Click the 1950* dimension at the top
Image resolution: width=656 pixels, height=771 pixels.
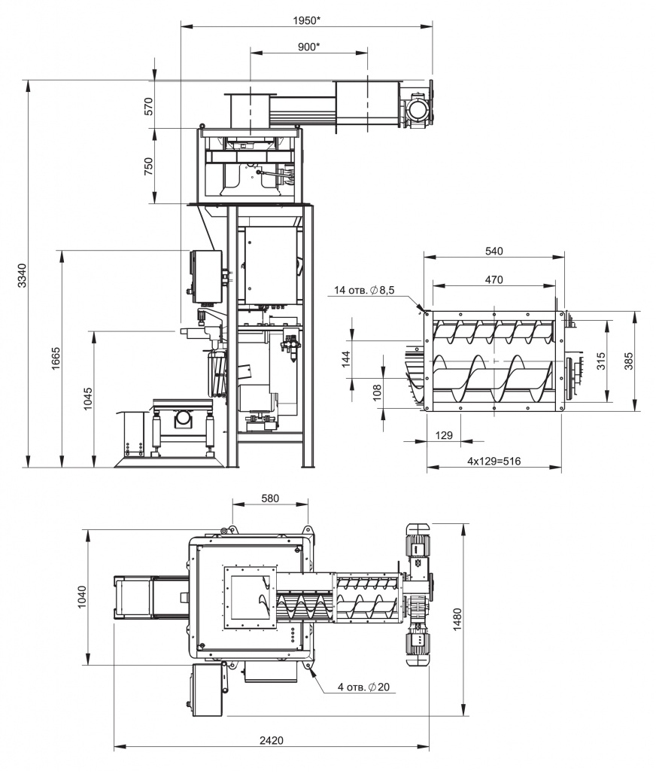click(307, 20)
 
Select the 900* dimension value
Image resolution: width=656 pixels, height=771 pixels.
click(309, 47)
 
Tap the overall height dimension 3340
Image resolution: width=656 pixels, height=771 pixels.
click(22, 276)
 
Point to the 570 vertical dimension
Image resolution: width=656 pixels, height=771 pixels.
click(149, 105)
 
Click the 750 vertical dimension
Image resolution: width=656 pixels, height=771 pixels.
click(149, 166)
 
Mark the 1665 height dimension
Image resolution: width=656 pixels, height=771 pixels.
click(55, 359)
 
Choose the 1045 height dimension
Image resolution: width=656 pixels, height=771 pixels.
click(88, 399)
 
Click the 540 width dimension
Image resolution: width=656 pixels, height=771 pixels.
click(494, 251)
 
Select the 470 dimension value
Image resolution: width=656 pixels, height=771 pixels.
click(494, 279)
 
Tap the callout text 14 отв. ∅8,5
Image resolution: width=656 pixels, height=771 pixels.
click(364, 290)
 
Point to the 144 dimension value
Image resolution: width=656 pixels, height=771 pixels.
click(346, 359)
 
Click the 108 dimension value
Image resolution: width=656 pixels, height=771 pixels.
click(378, 393)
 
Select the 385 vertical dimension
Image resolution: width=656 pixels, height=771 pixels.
click(629, 361)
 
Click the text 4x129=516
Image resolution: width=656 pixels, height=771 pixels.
click(494, 462)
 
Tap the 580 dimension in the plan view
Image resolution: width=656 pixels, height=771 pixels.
click(270, 498)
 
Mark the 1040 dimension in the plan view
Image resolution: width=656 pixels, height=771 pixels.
click(81, 597)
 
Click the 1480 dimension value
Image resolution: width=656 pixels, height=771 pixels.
click(457, 620)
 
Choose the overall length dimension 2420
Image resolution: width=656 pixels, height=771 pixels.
click(272, 740)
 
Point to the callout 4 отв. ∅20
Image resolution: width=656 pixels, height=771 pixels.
click(363, 687)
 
